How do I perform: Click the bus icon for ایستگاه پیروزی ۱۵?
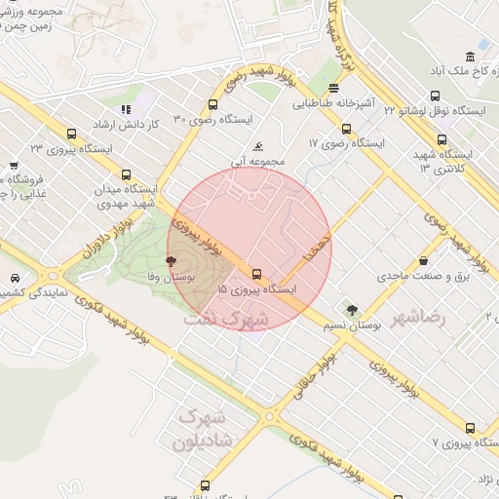pyautogui.click(x=256, y=274)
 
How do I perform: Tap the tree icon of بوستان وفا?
pyautogui.click(x=172, y=261)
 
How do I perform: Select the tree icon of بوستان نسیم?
pyautogui.click(x=352, y=310)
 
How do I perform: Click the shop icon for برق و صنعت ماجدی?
pyautogui.click(x=424, y=261)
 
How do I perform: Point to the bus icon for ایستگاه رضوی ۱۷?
pyautogui.click(x=346, y=129)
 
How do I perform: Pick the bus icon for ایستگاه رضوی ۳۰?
pyautogui.click(x=213, y=104)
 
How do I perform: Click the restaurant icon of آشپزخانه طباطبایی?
pyautogui.click(x=333, y=88)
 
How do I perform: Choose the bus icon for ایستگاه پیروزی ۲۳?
pyautogui.click(x=71, y=134)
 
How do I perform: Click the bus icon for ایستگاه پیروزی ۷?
pyautogui.click(x=471, y=428)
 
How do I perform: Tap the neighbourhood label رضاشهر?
pyautogui.click(x=418, y=318)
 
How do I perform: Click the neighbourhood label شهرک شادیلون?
pyautogui.click(x=199, y=430)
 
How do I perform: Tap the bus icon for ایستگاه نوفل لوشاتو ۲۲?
pyautogui.click(x=434, y=96)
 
